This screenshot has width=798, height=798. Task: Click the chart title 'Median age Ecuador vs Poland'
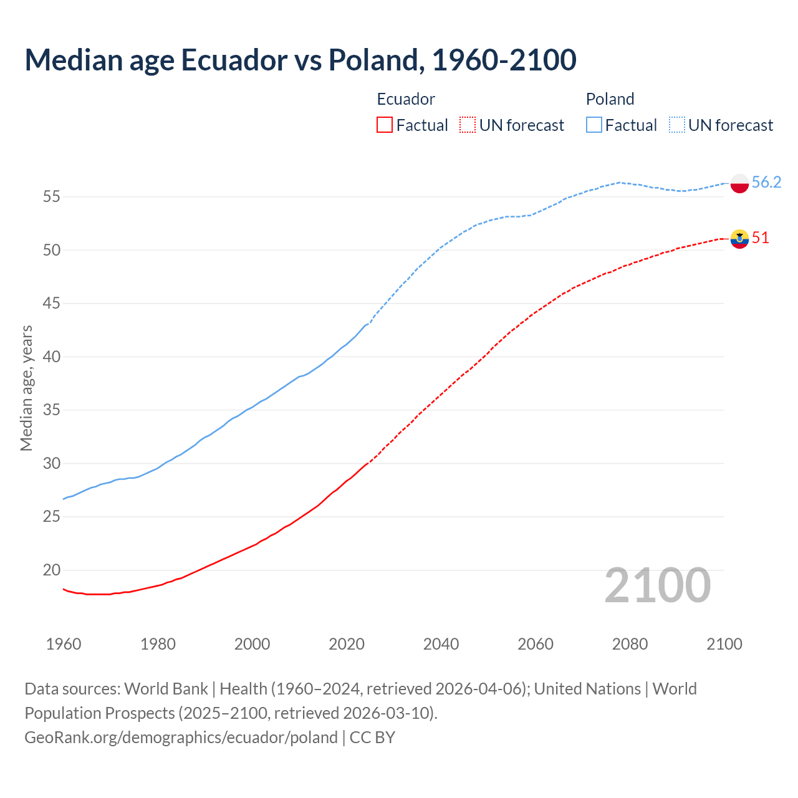[x=300, y=60]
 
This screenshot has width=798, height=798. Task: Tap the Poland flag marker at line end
[x=739, y=183]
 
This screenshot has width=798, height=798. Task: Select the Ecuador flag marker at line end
[x=739, y=239]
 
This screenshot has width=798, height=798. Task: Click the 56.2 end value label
[x=766, y=182]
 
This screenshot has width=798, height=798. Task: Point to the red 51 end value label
[x=760, y=238]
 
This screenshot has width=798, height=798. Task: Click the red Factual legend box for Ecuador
[x=385, y=125]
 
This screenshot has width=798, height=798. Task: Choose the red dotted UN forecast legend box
[x=468, y=125]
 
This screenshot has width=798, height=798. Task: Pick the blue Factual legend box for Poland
[x=594, y=125]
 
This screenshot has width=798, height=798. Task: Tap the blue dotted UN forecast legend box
[x=676, y=125]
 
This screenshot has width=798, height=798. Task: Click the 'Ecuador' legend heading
[x=406, y=99]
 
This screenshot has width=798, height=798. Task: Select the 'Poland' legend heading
[x=610, y=99]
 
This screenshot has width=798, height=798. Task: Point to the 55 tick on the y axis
[x=51, y=197]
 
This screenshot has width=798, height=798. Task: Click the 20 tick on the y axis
[x=51, y=570]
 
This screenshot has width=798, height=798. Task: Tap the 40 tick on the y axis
[x=51, y=357]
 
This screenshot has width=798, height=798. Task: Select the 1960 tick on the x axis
[x=64, y=644]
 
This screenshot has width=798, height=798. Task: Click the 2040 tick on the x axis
[x=441, y=644]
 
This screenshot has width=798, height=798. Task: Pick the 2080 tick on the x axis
[x=630, y=644]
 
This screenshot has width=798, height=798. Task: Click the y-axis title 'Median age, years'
[x=26, y=388]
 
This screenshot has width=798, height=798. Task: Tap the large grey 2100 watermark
[x=657, y=585]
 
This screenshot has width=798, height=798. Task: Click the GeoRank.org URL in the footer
[x=181, y=737]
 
